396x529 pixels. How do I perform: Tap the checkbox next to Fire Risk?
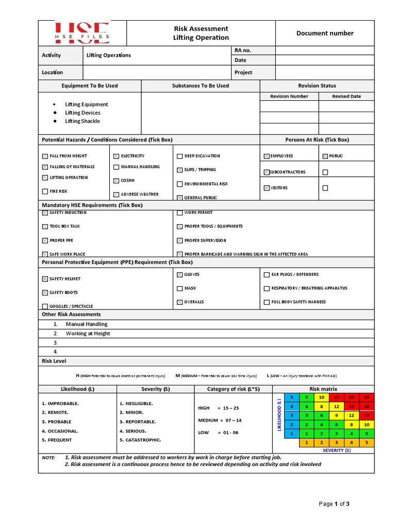click(x=45, y=192)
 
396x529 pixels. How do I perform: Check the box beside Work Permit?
click(x=179, y=212)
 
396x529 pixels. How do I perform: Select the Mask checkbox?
click(x=179, y=288)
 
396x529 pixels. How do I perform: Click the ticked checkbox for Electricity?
click(x=116, y=155)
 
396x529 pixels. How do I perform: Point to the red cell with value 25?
click(x=367, y=397)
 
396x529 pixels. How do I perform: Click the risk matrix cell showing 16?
click(x=351, y=407)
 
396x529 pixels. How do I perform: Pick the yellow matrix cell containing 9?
click(x=336, y=415)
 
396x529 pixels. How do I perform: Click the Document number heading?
click(x=325, y=33)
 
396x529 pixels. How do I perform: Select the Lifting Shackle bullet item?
click(x=82, y=121)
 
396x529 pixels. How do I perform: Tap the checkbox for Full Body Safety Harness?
click(x=267, y=302)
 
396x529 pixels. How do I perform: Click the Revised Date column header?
click(x=346, y=96)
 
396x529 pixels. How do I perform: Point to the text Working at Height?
click(x=88, y=334)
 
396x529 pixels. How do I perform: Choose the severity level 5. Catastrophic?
click(x=140, y=440)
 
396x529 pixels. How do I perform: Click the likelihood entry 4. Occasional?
click(x=60, y=431)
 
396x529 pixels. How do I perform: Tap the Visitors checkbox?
click(x=266, y=188)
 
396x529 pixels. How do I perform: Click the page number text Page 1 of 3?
click(x=334, y=504)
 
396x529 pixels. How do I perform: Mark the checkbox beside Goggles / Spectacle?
click(x=45, y=306)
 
